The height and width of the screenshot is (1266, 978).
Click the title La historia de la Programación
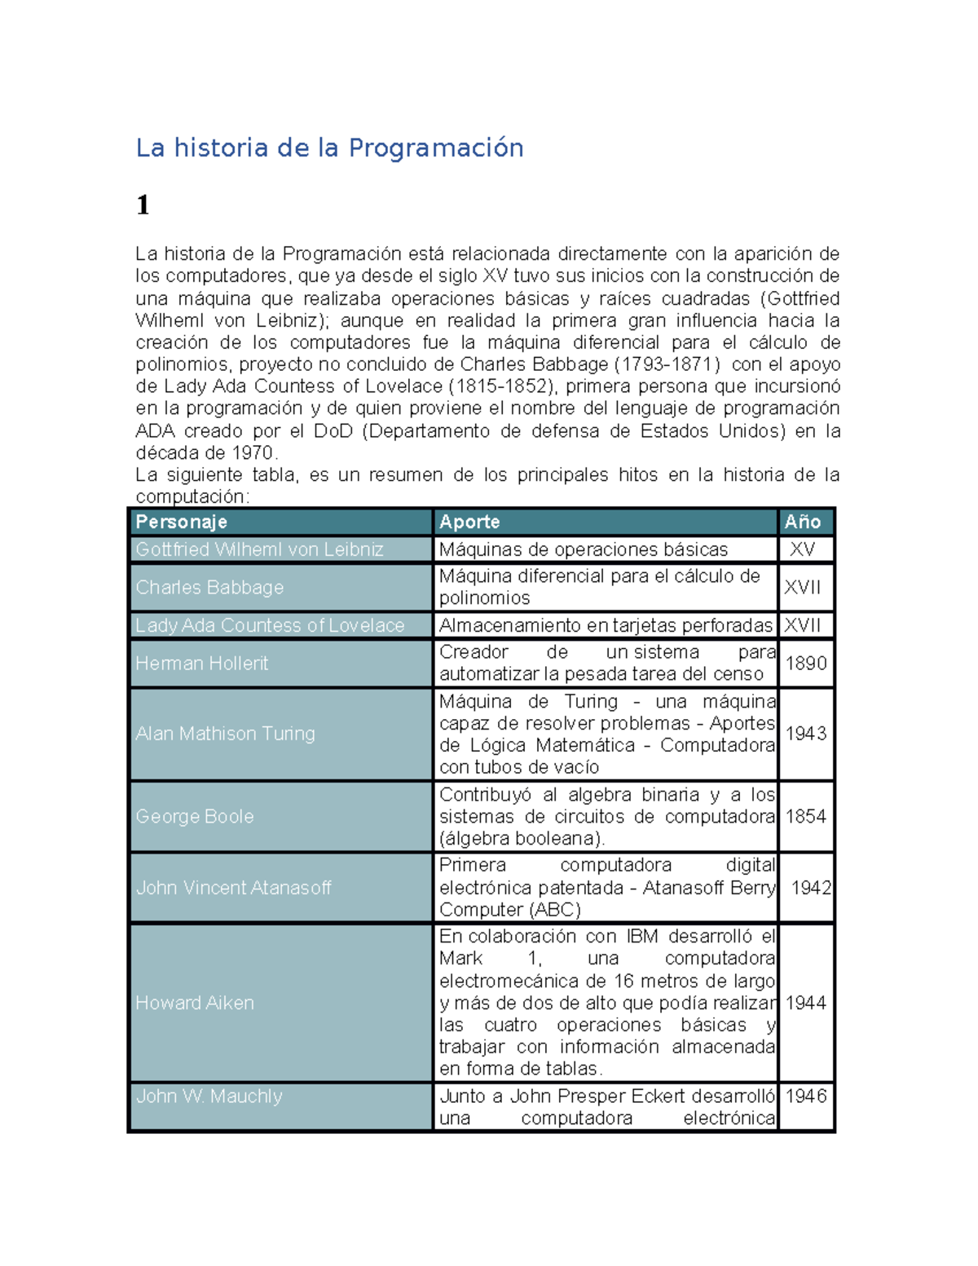coord(329,148)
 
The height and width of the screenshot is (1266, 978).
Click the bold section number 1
coord(143,205)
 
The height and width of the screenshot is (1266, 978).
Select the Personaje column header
coord(181,522)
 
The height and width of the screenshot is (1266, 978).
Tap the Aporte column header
coord(469,522)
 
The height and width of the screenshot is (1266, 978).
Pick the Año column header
coord(802,522)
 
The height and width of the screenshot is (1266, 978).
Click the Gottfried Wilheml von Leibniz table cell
coord(259,549)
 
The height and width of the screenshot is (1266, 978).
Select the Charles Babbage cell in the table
coord(209,587)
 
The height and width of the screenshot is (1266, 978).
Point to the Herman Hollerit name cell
coord(201,664)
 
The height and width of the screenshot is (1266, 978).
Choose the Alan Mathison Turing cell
coord(225,734)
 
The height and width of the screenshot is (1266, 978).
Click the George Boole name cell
coord(195,816)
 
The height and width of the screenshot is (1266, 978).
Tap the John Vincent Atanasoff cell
coord(233,888)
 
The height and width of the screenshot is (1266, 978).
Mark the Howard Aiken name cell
coord(195,1003)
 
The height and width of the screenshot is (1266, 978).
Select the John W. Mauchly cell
coord(209,1096)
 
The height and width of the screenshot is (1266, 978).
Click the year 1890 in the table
coord(805,664)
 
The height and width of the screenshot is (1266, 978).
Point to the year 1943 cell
coord(805,734)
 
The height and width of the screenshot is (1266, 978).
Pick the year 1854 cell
coord(805,816)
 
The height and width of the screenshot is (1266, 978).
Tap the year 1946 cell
coord(805,1096)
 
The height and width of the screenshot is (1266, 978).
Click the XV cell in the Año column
coord(802,549)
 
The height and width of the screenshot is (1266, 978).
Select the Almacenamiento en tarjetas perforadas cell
coord(605,625)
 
